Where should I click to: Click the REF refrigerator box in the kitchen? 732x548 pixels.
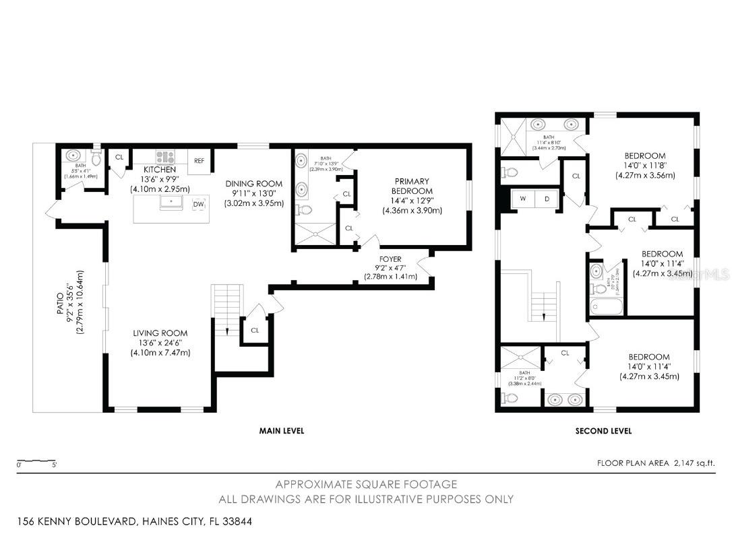(x=199, y=160)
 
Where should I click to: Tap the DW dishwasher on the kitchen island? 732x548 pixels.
(x=199, y=204)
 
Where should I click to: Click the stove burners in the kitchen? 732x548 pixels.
(x=165, y=157)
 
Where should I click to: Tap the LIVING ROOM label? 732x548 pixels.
(x=160, y=333)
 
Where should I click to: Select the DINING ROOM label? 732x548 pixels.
(x=253, y=184)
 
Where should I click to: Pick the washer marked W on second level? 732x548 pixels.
(x=522, y=199)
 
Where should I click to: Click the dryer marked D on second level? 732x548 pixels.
(x=546, y=199)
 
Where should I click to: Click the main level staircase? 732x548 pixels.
(x=227, y=310)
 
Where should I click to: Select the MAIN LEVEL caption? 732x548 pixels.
(x=282, y=431)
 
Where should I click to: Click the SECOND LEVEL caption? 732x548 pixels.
(x=603, y=431)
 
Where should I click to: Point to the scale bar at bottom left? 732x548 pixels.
(x=37, y=461)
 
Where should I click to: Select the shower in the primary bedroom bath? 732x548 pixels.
(x=315, y=234)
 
